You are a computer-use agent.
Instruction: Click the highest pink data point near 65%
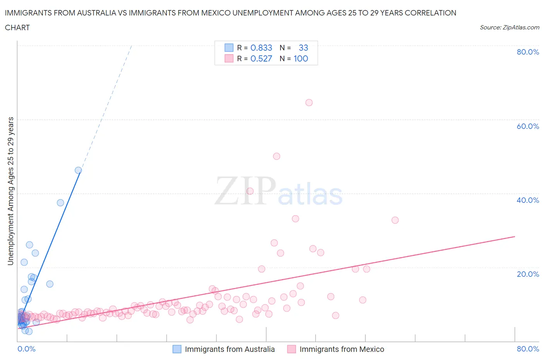pos(309,103)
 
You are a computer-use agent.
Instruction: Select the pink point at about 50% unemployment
pos(277,156)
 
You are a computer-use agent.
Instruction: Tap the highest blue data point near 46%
pos(78,170)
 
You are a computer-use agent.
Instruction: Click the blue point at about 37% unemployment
pos(60,203)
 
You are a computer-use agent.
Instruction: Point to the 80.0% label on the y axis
pos(528,52)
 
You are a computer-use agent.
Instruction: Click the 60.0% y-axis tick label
pos(528,126)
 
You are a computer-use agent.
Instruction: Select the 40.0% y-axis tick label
pos(528,200)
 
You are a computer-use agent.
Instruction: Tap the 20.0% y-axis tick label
pos(528,274)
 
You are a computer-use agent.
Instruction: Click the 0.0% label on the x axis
pos(26,349)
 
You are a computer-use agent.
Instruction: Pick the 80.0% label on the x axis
pos(528,349)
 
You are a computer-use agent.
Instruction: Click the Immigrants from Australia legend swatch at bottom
pos(177,349)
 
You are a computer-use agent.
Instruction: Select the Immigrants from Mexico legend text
pos(342,349)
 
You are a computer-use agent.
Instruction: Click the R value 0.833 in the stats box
pos(261,48)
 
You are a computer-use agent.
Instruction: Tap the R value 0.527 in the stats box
pos(261,58)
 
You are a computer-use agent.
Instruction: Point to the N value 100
pos(301,58)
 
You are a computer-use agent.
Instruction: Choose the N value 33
pos(303,48)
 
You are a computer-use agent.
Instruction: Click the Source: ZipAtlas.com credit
pos(509,27)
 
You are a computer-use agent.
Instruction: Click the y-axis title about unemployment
pos(11,191)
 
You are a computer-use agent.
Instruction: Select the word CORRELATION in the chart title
pos(430,13)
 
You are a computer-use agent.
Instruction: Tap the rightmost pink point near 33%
pos(395,220)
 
